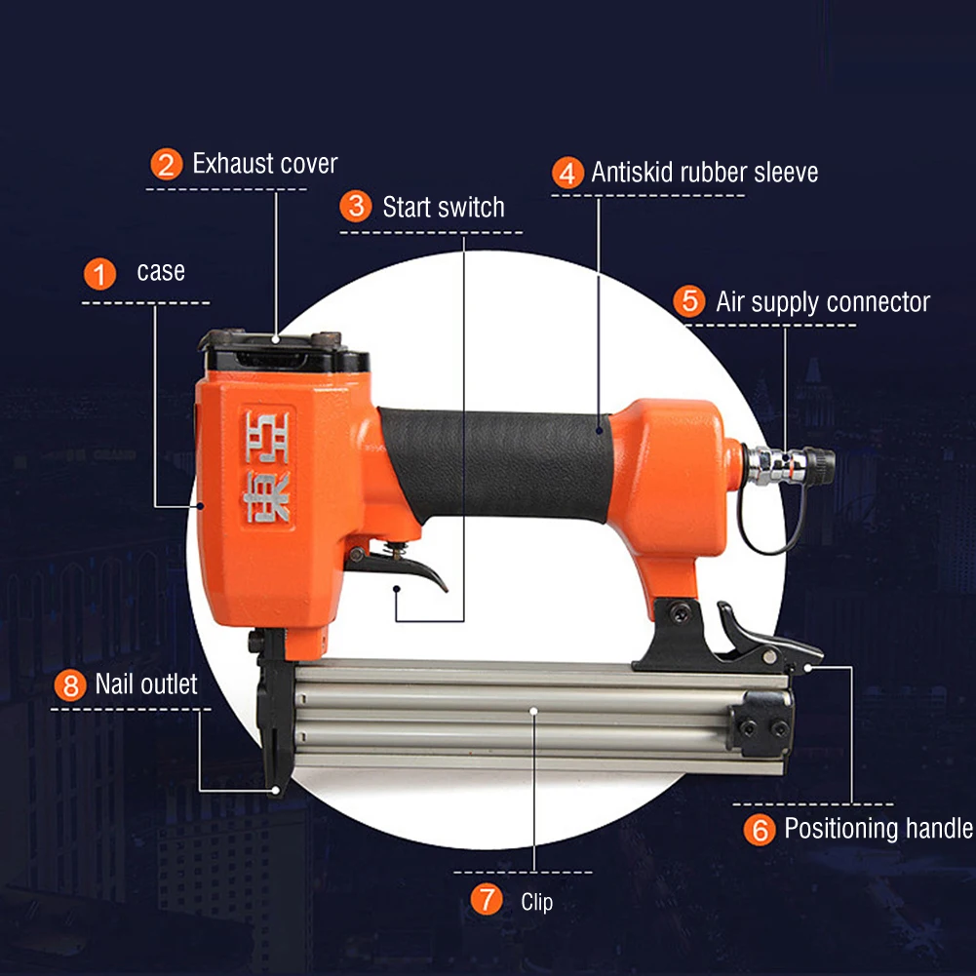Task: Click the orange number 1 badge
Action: (x=99, y=275)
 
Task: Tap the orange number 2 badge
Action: (x=166, y=165)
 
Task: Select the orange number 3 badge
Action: (x=356, y=206)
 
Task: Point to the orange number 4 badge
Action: (x=567, y=173)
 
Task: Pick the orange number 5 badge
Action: (x=689, y=301)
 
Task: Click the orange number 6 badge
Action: (x=760, y=829)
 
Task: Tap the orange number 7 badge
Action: (x=487, y=899)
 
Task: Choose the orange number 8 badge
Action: (x=70, y=685)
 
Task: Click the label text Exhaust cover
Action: (x=264, y=164)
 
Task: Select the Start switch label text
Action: (x=444, y=208)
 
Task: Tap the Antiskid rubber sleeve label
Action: (x=705, y=173)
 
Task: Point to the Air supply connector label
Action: (x=823, y=302)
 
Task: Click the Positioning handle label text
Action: (x=878, y=829)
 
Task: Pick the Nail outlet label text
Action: (x=146, y=684)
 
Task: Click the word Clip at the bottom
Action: (x=536, y=902)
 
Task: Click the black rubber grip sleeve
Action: (x=496, y=464)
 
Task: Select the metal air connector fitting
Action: (x=789, y=464)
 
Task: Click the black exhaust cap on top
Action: (x=283, y=350)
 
